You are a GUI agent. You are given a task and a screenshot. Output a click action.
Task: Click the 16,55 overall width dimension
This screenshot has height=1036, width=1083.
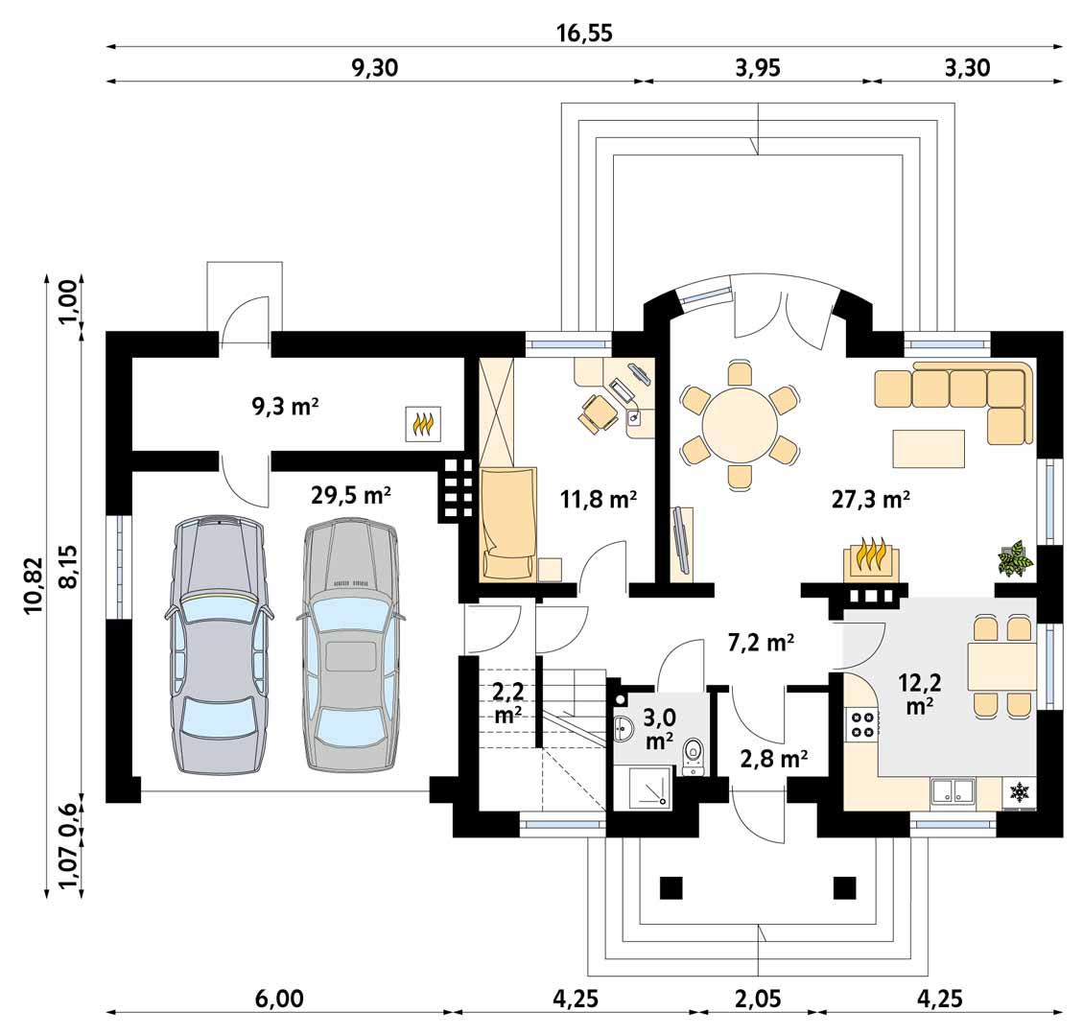click(584, 33)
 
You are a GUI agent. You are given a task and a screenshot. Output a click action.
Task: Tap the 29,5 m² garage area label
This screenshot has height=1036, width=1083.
click(350, 495)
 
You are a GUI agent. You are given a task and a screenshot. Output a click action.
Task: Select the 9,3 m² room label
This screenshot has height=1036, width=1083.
click(285, 406)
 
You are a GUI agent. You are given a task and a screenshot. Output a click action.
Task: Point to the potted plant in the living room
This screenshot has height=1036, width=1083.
click(1014, 558)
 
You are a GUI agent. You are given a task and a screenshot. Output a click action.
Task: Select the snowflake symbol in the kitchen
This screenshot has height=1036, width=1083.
click(1019, 792)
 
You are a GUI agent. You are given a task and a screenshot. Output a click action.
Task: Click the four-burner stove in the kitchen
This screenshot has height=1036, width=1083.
click(861, 725)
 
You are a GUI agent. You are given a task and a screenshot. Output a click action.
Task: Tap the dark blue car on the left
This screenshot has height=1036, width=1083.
click(217, 646)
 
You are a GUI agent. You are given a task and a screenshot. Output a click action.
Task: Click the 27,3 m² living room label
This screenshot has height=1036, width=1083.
click(870, 499)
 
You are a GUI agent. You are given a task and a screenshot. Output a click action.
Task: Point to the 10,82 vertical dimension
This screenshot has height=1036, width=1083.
click(35, 585)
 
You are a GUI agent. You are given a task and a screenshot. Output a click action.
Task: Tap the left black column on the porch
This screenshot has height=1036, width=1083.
click(671, 887)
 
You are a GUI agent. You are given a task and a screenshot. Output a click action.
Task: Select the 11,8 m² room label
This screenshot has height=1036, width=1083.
click(599, 499)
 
